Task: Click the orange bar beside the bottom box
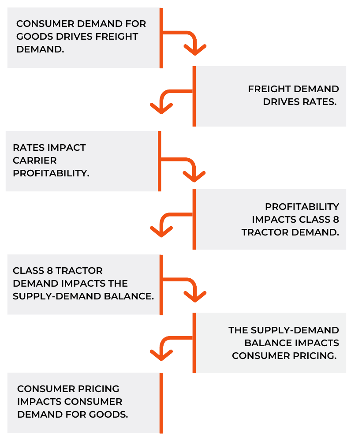click(x=161, y=403)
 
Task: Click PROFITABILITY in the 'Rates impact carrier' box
click(x=51, y=173)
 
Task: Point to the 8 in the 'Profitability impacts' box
click(x=336, y=219)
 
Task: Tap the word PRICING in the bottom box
click(x=98, y=389)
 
